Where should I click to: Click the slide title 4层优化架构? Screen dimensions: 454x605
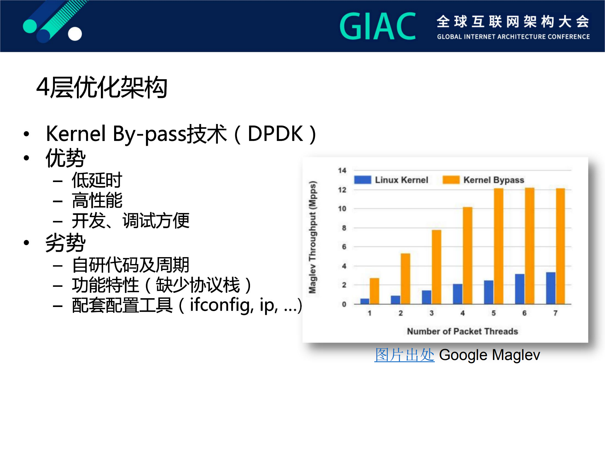pos(102,87)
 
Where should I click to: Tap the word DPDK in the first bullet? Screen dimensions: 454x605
pos(275,134)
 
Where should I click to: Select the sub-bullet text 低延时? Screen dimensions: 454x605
pos(97,180)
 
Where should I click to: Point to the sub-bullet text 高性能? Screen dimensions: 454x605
pos(97,200)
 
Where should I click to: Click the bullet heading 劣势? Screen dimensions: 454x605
pos(65,243)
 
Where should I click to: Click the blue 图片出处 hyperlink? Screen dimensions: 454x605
pos(404,355)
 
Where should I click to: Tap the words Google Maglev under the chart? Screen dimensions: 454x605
pos(489,355)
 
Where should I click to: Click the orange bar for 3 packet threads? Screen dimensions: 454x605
pos(436,267)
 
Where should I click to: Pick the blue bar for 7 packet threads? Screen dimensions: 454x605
pos(550,288)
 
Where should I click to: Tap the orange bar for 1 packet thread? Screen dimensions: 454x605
pos(374,291)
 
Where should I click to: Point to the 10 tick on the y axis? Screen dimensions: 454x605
pos(342,209)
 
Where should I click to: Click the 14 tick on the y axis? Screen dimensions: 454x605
pos(342,170)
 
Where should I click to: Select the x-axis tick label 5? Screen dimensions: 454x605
pos(493,313)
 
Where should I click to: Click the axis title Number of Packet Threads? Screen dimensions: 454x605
pos(462,331)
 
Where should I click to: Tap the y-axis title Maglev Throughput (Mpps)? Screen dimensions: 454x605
pos(312,237)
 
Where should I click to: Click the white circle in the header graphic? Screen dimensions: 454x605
pos(75,34)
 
